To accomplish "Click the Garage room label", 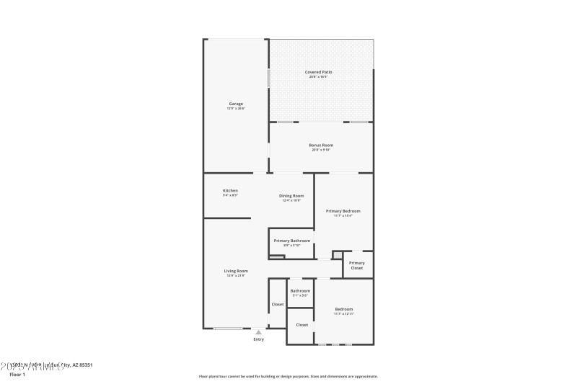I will click(236, 104).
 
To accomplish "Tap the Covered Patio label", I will click(318, 72).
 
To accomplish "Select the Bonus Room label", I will click(322, 145).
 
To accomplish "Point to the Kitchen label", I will click(230, 191).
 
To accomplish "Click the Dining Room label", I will click(292, 196).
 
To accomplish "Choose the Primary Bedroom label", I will click(343, 211).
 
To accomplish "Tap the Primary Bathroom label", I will click(292, 241).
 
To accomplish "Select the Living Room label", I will click(236, 271).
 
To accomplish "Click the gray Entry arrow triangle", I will click(259, 332).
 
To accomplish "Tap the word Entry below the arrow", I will click(259, 339).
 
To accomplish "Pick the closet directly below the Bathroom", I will click(301, 325).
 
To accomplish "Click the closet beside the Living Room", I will click(278, 305).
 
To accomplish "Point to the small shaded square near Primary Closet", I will click(337, 254).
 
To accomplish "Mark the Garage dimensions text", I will click(236, 109).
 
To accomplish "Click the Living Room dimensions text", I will click(236, 276).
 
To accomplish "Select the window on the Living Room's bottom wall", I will click(228, 329).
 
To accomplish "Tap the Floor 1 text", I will click(17, 375).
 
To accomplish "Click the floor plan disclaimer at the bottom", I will click(288, 376).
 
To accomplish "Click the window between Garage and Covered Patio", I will click(269, 78).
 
